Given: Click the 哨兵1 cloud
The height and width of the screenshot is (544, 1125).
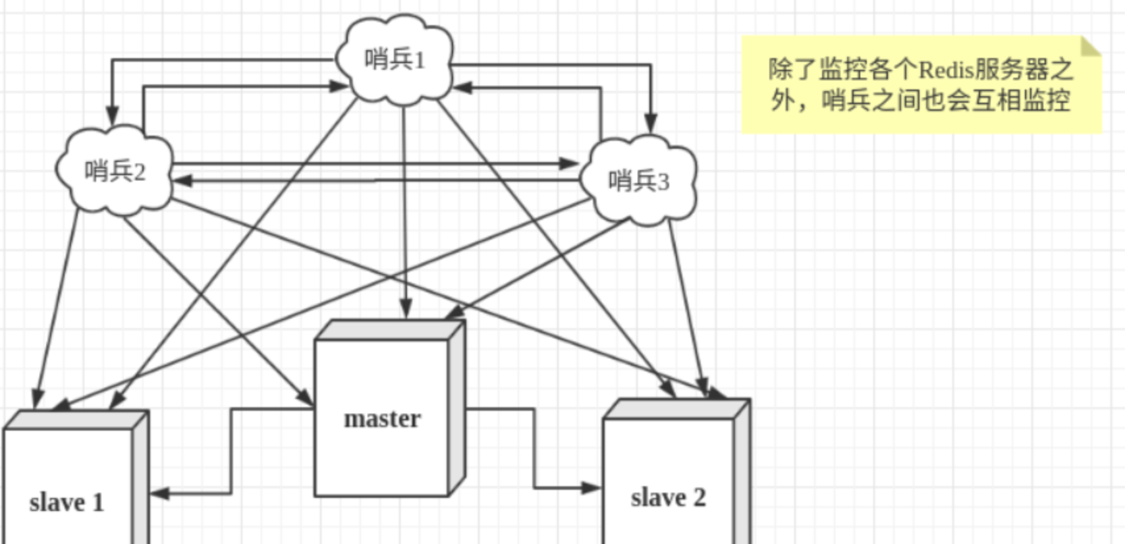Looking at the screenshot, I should (x=395, y=59).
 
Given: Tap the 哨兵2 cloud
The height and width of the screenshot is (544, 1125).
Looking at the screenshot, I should (x=115, y=171).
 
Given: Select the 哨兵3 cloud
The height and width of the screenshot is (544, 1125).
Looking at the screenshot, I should (x=638, y=180).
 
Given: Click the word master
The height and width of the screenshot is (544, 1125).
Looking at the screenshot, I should (x=382, y=419).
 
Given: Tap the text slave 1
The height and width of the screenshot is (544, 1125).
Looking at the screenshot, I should (x=67, y=503).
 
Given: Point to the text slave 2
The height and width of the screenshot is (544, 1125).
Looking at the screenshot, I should (x=668, y=498).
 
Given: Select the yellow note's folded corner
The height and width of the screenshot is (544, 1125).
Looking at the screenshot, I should (x=1091, y=46).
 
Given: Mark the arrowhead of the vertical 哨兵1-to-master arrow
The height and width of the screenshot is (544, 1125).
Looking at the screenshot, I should (x=405, y=310).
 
